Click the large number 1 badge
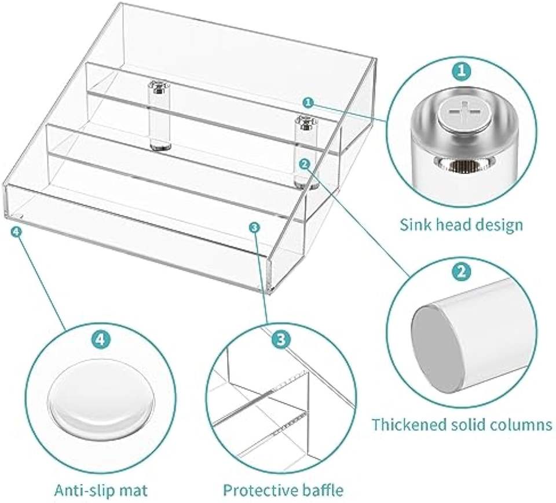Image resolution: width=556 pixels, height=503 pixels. (x=461, y=72)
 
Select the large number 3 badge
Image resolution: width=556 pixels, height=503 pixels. (x=280, y=340)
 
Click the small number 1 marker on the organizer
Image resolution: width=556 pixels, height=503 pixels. (x=308, y=102)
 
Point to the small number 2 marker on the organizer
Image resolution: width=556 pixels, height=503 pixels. (x=305, y=164)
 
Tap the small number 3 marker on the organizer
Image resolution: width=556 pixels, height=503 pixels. (x=254, y=227)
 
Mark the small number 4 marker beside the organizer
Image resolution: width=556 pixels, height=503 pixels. (x=16, y=231)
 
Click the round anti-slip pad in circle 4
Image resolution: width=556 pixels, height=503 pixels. (x=102, y=404)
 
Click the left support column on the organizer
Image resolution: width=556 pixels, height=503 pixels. (x=156, y=118)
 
